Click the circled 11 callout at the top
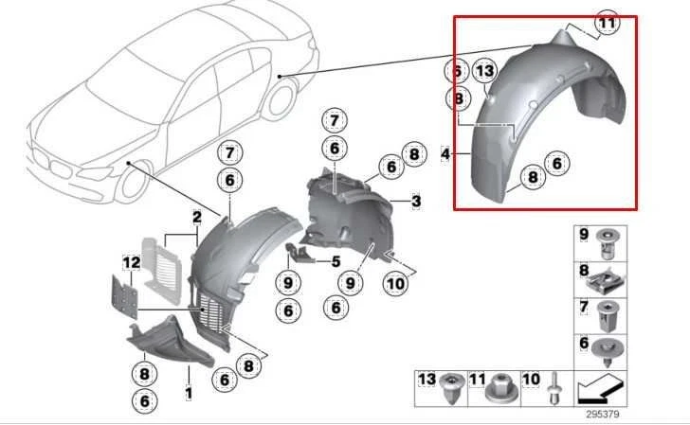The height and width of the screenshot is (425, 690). (605, 21)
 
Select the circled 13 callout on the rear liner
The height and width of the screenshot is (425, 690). (485, 71)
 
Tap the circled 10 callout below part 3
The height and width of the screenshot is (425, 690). (394, 280)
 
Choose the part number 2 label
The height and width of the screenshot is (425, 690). (196, 218)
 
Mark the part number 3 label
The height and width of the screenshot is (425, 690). (416, 201)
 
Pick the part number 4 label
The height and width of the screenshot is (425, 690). (445, 151)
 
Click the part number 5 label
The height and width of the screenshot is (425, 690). (335, 260)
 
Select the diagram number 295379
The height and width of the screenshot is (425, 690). (602, 413)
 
